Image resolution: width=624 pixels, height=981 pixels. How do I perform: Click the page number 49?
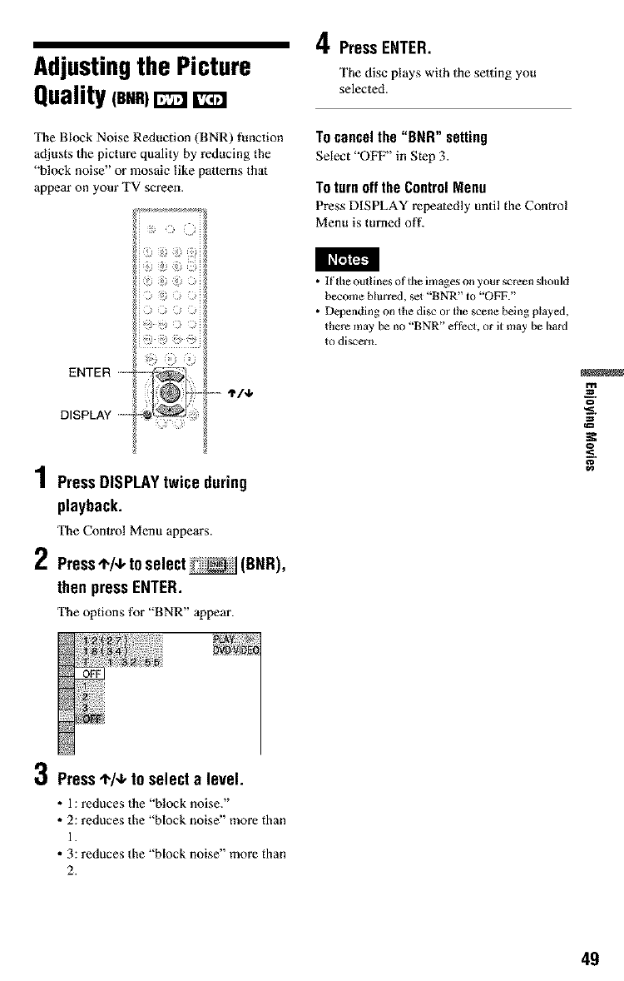(x=590, y=958)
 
